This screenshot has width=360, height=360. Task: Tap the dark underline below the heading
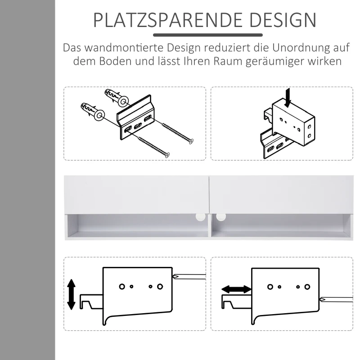coord(207,35)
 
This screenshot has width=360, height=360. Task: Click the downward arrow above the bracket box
coord(288,96)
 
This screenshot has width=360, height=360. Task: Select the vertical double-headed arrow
coord(71,293)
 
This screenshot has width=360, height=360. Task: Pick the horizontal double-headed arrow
coord(236,290)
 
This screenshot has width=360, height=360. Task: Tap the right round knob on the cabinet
coord(220,217)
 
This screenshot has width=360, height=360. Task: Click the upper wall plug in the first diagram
coord(115,96)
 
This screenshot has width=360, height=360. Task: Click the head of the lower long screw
coord(167,155)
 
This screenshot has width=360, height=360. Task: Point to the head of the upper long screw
coord(192,141)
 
